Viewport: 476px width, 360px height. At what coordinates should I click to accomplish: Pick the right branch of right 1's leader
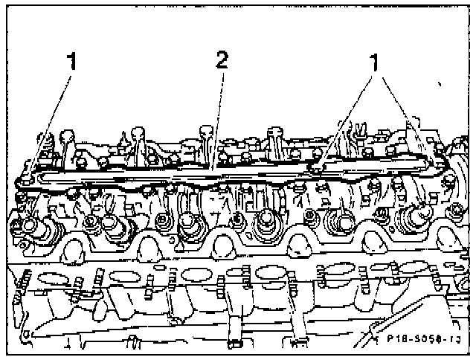[x=402, y=112]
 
